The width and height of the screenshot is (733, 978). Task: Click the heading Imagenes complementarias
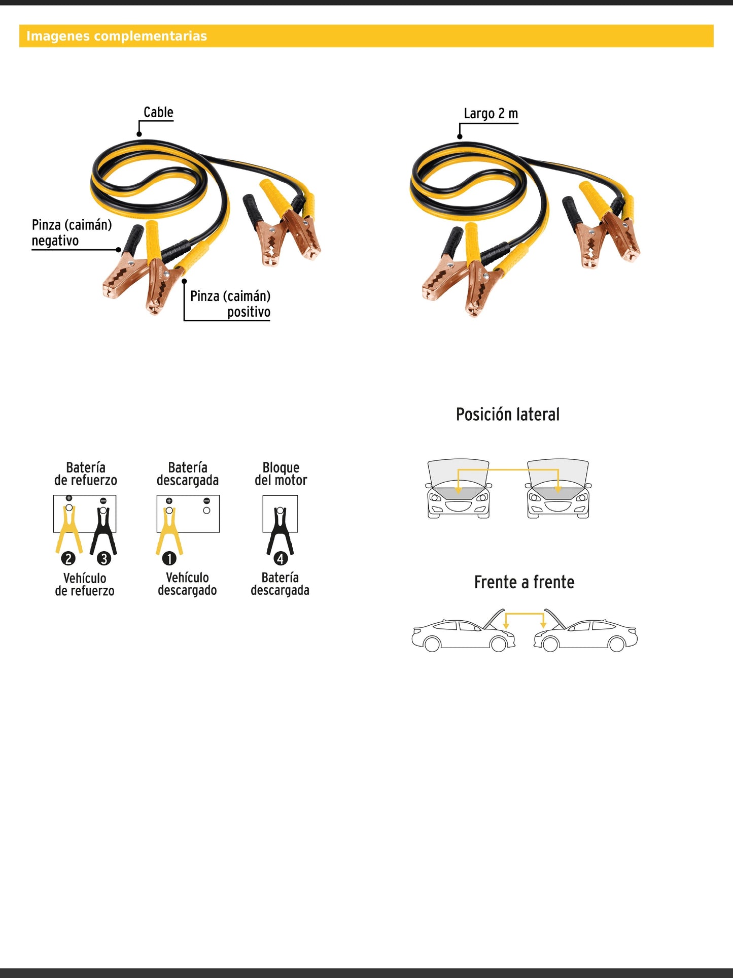click(117, 36)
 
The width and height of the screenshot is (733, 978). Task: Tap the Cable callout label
click(158, 112)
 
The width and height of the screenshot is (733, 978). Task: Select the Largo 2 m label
click(491, 114)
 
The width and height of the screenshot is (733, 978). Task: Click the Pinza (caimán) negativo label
click(72, 232)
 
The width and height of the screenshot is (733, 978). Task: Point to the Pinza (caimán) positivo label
click(230, 303)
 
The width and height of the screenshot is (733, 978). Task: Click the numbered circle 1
click(169, 558)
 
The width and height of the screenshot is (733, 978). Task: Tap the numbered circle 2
click(68, 558)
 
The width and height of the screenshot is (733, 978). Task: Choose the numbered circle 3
click(104, 558)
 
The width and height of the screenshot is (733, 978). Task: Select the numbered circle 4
click(281, 558)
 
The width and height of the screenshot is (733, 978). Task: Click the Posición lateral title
click(507, 414)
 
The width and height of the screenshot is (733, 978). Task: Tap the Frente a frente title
click(524, 582)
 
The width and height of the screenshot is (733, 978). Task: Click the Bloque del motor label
click(281, 474)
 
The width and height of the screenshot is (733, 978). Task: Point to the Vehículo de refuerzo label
click(85, 584)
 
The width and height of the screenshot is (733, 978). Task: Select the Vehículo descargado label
click(187, 584)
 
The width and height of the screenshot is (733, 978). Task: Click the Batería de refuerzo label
click(86, 474)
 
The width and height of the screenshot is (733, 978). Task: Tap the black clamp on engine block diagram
click(280, 530)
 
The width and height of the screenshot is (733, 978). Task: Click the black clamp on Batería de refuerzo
click(103, 530)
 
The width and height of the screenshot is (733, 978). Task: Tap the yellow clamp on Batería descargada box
click(169, 530)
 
